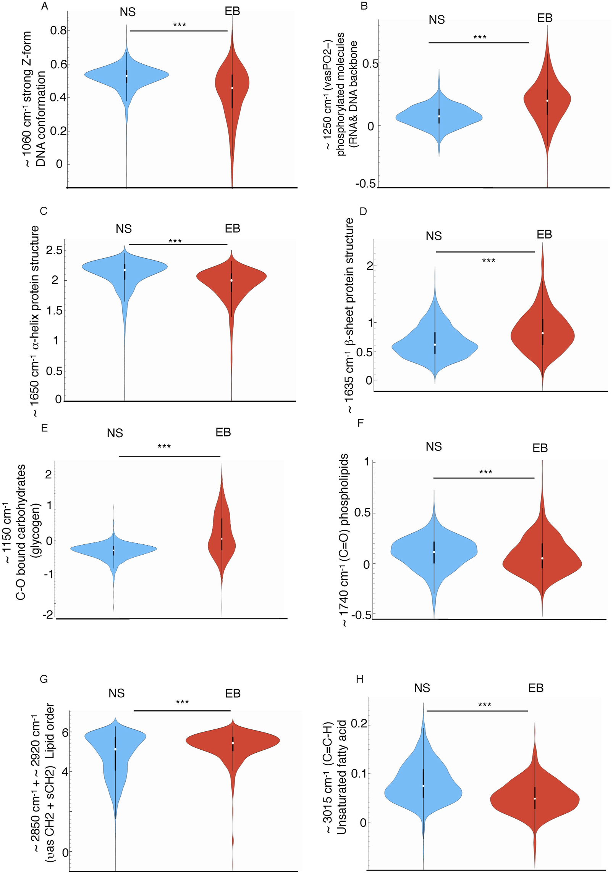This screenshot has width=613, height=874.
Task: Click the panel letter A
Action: (45, 7)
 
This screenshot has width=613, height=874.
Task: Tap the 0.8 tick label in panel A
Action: (58, 30)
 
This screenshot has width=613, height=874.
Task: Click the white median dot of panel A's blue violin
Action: (127, 76)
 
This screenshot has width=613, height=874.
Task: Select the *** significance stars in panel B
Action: (480, 37)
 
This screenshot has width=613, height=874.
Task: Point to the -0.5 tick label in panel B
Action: (366, 183)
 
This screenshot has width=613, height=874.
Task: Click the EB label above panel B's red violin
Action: (545, 18)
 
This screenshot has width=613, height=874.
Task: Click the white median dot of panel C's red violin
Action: (231, 281)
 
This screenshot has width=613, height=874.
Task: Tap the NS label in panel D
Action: (433, 236)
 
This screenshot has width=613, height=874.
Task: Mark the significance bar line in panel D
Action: (485, 252)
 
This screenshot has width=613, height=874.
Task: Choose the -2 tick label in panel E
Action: (48, 615)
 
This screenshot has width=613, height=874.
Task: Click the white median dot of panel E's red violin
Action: (222, 539)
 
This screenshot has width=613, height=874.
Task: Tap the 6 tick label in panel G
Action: (65, 732)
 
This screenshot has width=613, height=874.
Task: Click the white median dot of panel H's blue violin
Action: (423, 786)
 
